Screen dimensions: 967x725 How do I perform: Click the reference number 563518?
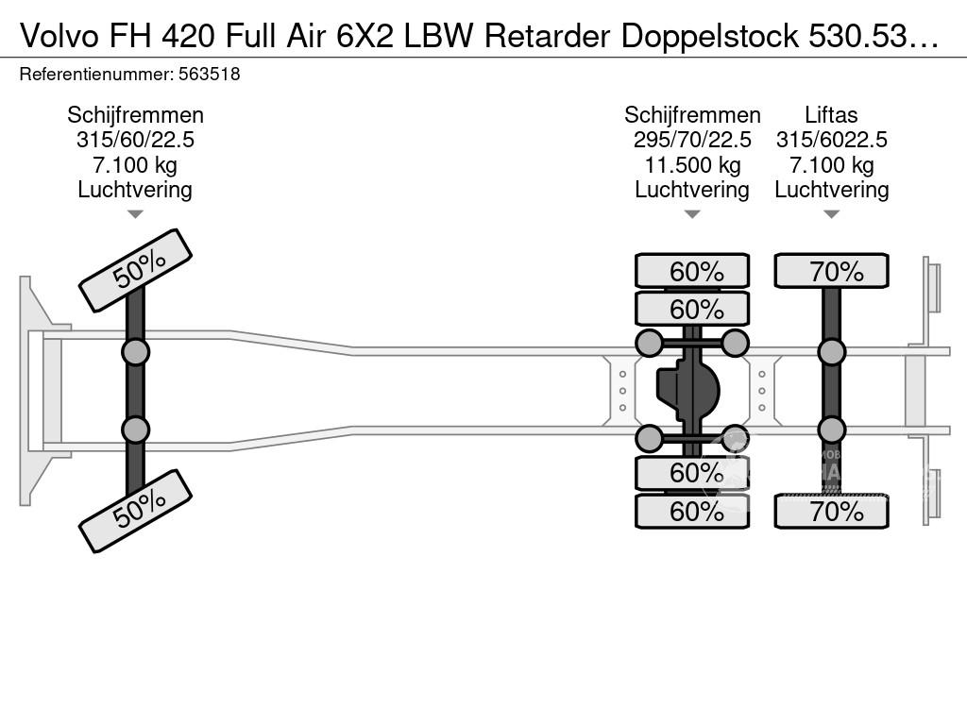point(209,75)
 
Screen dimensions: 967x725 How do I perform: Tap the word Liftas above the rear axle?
point(831,115)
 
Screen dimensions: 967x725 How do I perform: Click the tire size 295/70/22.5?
point(692,140)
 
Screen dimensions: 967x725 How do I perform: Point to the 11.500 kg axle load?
point(692,165)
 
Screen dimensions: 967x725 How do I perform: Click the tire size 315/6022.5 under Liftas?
point(831,140)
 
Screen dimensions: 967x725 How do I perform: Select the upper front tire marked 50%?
point(136,271)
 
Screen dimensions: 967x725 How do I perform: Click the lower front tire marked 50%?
point(136,511)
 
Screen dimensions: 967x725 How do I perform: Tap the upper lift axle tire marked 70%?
point(831,271)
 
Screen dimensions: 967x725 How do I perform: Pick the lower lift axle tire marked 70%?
point(831,511)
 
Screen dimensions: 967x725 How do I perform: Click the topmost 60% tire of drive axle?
point(692,271)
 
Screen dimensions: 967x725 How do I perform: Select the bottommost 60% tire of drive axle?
point(692,511)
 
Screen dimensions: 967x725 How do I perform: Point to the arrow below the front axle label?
point(135,214)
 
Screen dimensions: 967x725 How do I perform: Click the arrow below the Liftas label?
point(831,214)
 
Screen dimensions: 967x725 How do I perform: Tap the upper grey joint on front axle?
point(136,353)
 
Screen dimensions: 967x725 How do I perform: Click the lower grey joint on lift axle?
point(831,430)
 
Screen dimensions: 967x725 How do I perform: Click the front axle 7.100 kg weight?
point(135,165)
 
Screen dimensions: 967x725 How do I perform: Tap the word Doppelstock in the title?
point(710,37)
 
